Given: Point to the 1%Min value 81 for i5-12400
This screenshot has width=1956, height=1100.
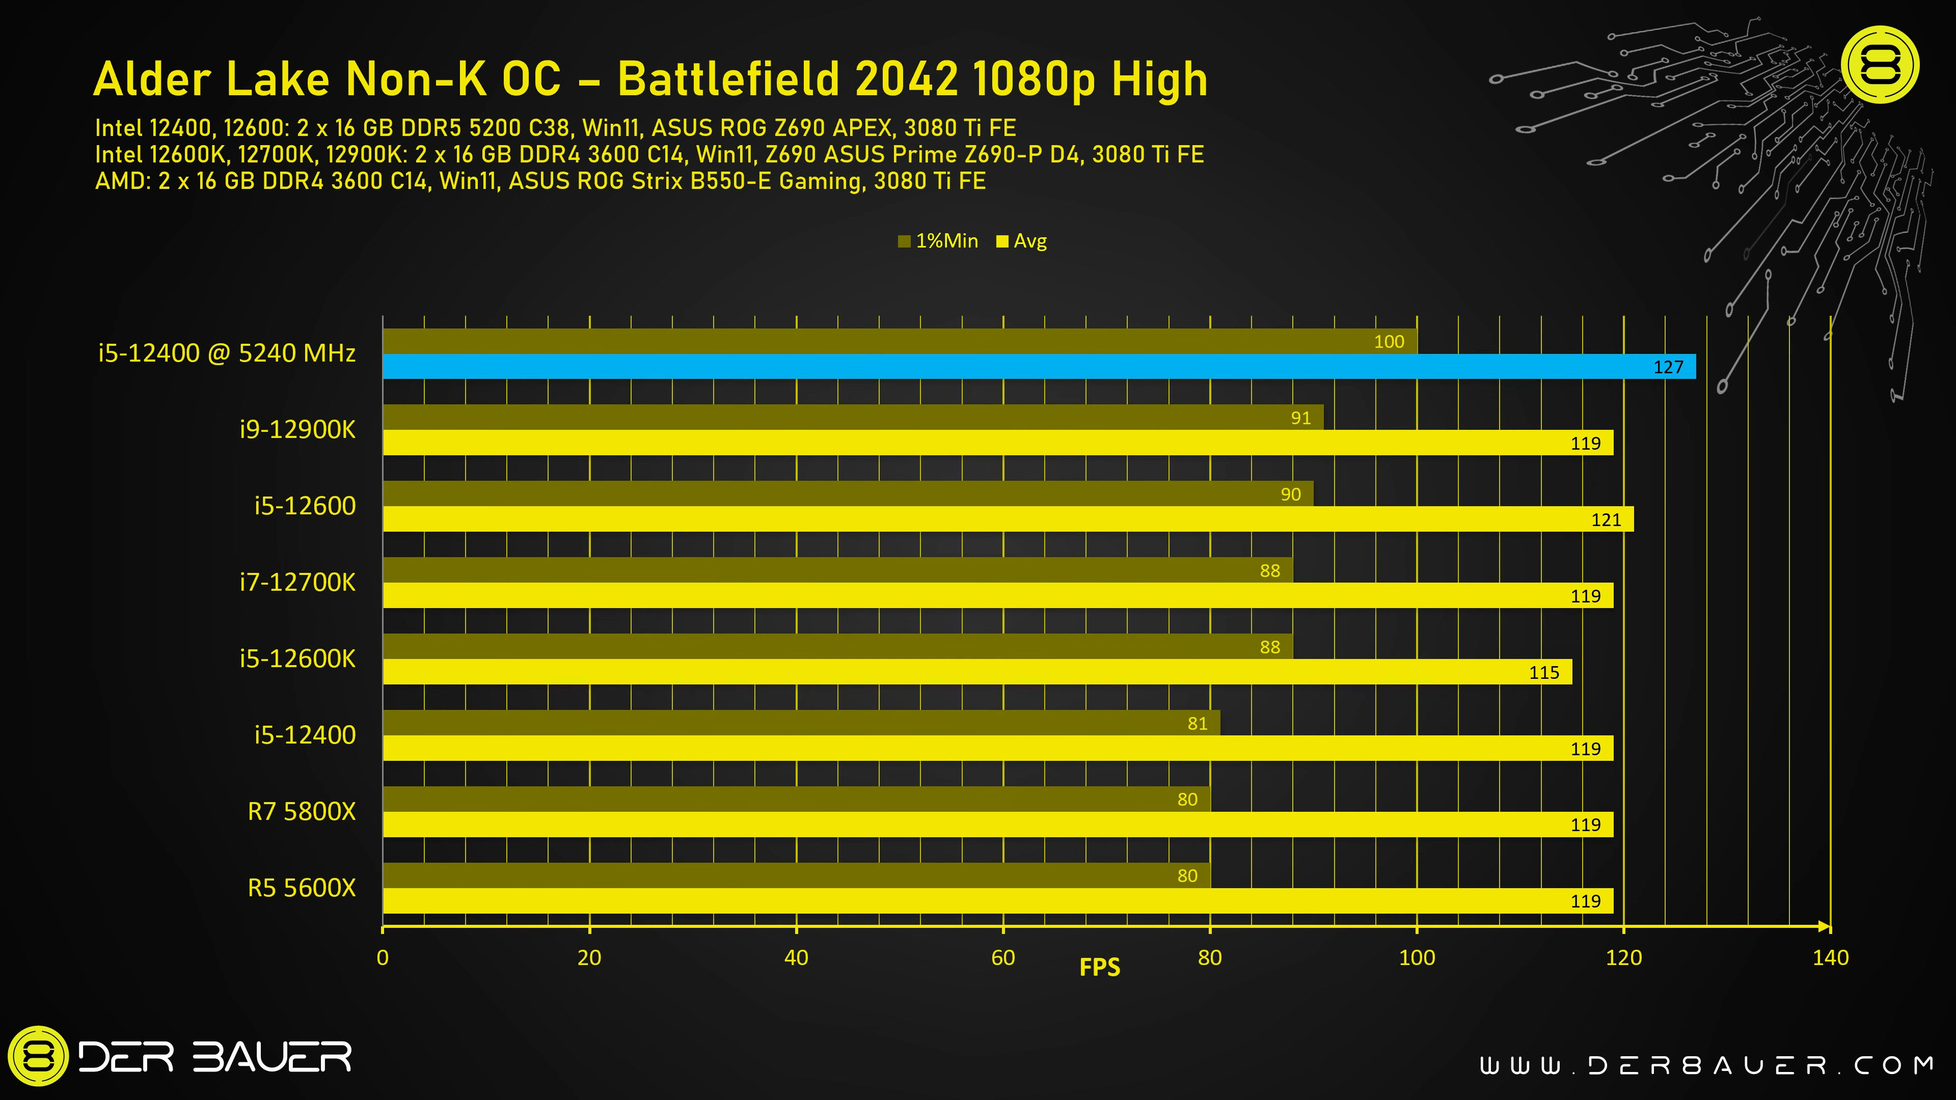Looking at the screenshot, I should point(1198,724).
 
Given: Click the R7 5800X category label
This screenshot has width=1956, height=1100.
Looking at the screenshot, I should point(302,812).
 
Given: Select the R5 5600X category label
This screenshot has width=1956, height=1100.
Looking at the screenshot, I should point(302,888).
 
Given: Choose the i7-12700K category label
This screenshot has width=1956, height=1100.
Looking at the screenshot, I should point(297,582).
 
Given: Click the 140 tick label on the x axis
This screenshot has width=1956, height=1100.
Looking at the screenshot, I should point(1830,958).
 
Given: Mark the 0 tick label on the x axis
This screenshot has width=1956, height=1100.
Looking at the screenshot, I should point(383,958).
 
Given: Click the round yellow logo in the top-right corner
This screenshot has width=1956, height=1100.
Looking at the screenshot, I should point(1881,65).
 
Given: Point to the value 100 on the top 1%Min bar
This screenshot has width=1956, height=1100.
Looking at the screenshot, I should point(1389,342).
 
